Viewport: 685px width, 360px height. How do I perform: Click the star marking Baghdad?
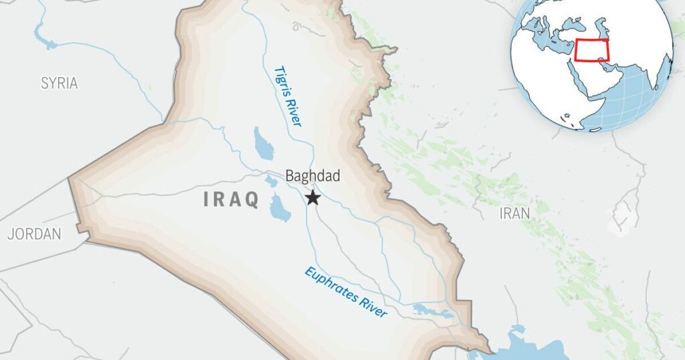(x=312, y=197)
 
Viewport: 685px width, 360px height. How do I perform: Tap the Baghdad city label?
(x=312, y=177)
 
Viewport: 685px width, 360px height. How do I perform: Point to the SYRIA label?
(x=60, y=84)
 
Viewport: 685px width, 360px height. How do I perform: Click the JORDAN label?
(x=34, y=234)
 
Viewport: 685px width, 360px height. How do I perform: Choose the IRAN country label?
(x=514, y=213)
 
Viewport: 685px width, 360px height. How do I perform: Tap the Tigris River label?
(x=288, y=96)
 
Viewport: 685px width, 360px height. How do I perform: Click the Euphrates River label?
(x=346, y=292)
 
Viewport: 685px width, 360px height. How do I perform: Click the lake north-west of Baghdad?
(x=263, y=144)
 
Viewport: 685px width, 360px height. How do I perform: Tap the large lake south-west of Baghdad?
(x=279, y=208)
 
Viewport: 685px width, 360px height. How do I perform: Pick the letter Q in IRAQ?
(x=252, y=201)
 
